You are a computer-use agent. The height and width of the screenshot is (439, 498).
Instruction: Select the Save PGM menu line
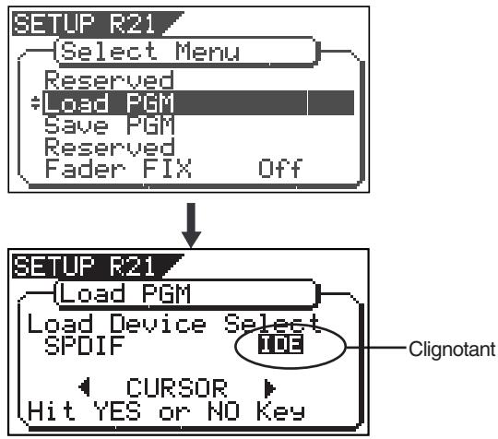[109, 125]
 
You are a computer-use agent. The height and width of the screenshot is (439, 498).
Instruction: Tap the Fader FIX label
[118, 168]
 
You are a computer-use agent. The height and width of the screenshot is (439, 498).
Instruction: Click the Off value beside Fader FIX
[280, 168]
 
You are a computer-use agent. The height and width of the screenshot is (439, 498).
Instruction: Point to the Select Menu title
[150, 51]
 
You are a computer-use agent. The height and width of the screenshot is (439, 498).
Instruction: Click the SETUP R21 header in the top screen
[85, 24]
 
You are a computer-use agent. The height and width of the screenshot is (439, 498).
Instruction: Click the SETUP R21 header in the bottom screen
[85, 267]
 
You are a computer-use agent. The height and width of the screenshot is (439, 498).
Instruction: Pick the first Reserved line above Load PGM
[109, 79]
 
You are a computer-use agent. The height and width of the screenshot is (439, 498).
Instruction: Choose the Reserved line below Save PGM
[109, 147]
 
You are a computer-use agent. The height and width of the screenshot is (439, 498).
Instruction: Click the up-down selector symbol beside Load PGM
[36, 102]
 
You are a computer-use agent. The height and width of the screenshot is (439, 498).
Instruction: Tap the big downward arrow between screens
[191, 225]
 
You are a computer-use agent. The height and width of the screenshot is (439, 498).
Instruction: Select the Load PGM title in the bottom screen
[125, 293]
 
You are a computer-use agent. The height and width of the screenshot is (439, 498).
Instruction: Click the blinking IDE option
[280, 344]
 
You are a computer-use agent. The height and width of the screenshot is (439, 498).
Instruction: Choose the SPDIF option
[85, 345]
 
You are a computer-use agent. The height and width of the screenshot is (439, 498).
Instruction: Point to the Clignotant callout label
[452, 349]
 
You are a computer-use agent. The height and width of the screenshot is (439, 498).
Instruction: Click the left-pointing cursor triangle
[84, 387]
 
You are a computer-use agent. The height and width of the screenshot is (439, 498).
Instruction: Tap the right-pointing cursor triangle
[270, 387]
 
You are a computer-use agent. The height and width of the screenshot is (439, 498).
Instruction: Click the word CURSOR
[177, 387]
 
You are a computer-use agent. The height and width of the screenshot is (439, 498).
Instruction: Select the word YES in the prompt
[117, 411]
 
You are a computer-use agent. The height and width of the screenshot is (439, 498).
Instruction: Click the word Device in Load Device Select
[158, 324]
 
